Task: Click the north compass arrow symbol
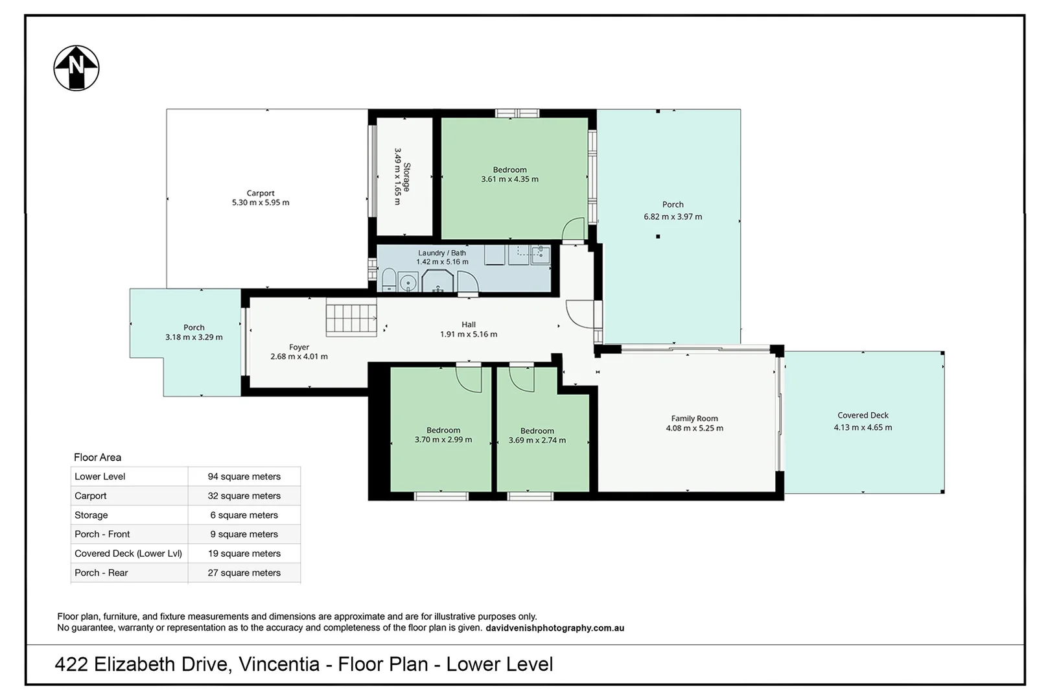[x=76, y=68]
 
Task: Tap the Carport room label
[x=261, y=193]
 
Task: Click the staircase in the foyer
[x=351, y=320]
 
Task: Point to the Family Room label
[x=694, y=419]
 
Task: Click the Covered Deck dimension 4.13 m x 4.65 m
[x=863, y=428]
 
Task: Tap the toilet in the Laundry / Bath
[x=389, y=280]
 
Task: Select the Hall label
[x=468, y=325]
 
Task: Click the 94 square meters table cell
[x=244, y=476]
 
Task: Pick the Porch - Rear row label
[x=101, y=572]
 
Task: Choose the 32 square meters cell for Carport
[x=244, y=496]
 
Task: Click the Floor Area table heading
[x=97, y=457]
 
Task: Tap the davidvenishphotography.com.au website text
[x=555, y=628]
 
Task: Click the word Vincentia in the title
[x=279, y=664]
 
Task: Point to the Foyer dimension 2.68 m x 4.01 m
[x=299, y=356]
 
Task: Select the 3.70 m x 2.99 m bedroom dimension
[x=443, y=440]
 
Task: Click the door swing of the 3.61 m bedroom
[x=573, y=229]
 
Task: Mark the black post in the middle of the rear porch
[x=658, y=237]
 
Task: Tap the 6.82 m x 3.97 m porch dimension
[x=673, y=216]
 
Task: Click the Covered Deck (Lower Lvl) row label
[x=128, y=554]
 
